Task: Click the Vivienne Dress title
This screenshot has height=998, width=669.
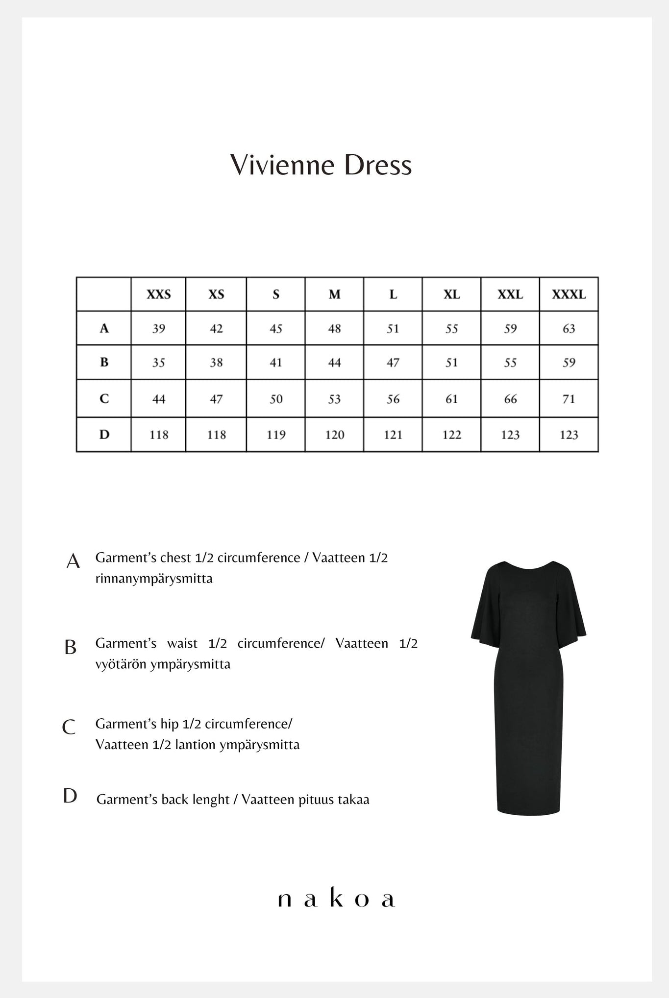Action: click(x=321, y=165)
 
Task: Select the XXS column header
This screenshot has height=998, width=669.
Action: click(x=159, y=294)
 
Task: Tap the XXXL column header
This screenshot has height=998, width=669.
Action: click(x=569, y=294)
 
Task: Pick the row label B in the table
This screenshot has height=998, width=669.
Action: click(x=104, y=363)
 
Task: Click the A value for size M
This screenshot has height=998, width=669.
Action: click(x=334, y=328)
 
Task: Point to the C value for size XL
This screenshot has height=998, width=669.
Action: click(x=451, y=399)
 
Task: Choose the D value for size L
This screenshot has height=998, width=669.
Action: click(x=393, y=435)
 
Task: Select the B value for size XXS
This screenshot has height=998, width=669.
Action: click(x=159, y=363)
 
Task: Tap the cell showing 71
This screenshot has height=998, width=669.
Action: click(x=569, y=399)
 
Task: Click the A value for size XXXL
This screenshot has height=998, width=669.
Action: click(x=569, y=328)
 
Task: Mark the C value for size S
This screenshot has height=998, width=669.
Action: click(x=276, y=399)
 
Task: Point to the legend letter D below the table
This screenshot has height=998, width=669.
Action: click(x=70, y=796)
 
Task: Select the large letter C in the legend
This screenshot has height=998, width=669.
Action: click(x=69, y=727)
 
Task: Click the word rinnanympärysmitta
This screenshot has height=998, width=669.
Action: click(x=154, y=579)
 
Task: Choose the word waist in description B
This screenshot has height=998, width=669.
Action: click(x=182, y=643)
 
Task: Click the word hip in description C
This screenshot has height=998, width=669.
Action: click(x=170, y=724)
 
